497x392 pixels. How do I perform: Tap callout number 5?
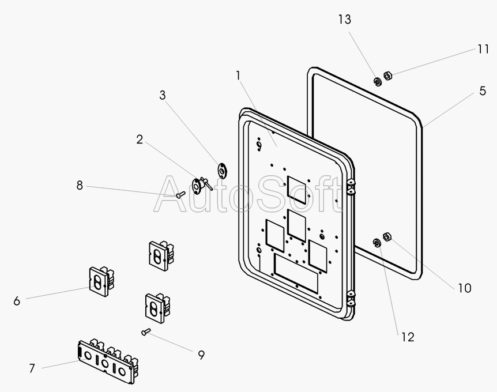click(x=483, y=91)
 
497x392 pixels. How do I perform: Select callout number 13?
click(x=344, y=20)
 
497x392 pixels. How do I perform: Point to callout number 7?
click(x=32, y=368)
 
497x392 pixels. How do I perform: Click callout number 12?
click(x=408, y=337)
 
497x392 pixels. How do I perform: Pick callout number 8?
click(x=80, y=185)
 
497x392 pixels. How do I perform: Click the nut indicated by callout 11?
click(x=388, y=75)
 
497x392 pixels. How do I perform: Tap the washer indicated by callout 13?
click(x=377, y=81)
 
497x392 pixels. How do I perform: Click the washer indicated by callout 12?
click(x=377, y=243)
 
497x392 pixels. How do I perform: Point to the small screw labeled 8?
click(x=180, y=195)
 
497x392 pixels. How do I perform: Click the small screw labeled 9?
click(x=145, y=331)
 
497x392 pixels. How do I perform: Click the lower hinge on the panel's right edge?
click(x=351, y=299)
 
